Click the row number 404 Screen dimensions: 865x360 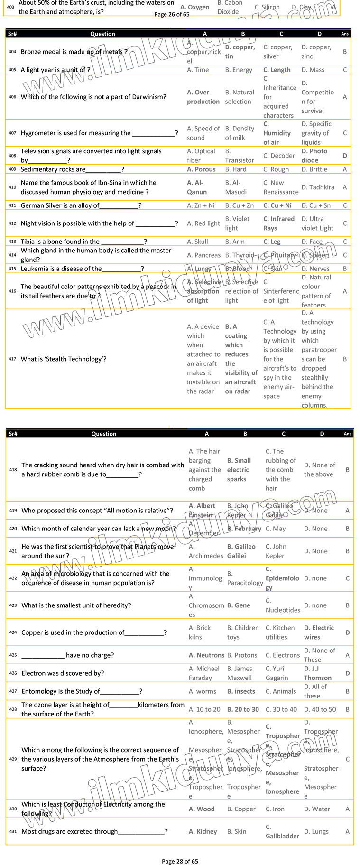[x=12, y=52]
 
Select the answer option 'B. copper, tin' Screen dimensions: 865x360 [x=240, y=52]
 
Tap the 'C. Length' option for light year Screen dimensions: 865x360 [x=277, y=70]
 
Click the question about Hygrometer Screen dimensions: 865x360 [x=99, y=133]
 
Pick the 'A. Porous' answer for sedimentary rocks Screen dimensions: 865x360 [x=201, y=169]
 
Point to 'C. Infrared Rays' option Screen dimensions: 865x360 [x=279, y=223]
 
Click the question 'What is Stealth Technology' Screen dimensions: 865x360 [x=64, y=359]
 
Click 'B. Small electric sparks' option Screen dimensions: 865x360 [x=239, y=470]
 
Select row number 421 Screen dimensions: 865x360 [x=13, y=551]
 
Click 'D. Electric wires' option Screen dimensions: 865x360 [x=319, y=632]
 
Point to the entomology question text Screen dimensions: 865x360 [x=82, y=691]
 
